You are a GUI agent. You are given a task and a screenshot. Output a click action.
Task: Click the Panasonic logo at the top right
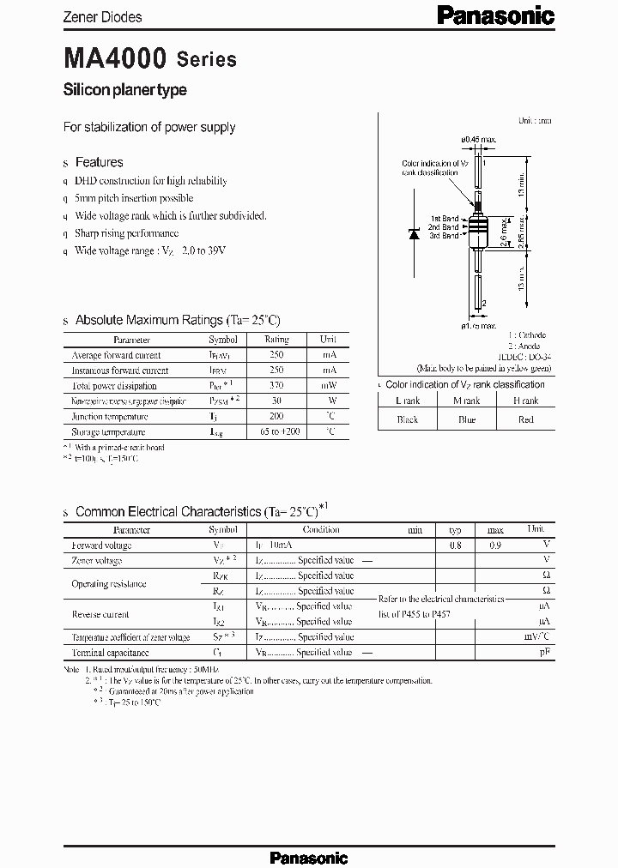[497, 15]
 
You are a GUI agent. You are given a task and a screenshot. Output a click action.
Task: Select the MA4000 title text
[115, 59]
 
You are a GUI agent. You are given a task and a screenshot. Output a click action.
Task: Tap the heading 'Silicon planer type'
[125, 90]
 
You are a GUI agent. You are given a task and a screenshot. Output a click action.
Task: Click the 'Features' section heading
[99, 162]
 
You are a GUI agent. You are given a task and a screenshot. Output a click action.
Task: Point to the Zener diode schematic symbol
[414, 232]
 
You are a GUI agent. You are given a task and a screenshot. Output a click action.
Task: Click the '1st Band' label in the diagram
[445, 219]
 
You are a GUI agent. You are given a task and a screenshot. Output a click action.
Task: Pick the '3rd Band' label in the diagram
[445, 235]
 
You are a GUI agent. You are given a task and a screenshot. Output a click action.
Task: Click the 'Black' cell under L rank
[407, 419]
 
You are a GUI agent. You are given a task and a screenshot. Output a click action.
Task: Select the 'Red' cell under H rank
[525, 419]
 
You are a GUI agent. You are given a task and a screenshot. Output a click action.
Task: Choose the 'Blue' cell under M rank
[466, 419]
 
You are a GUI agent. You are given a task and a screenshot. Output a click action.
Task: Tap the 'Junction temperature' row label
[108, 417]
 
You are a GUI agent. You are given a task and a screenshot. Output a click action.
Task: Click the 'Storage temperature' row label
[108, 432]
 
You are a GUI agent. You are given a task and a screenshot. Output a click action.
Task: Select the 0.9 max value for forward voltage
[496, 546]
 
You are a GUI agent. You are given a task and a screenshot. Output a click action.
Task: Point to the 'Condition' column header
[321, 530]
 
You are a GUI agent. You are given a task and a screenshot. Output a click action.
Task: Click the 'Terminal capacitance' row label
[112, 653]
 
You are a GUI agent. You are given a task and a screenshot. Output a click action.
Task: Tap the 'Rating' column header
[276, 340]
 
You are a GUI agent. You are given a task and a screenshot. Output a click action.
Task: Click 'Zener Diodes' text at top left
[103, 16]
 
